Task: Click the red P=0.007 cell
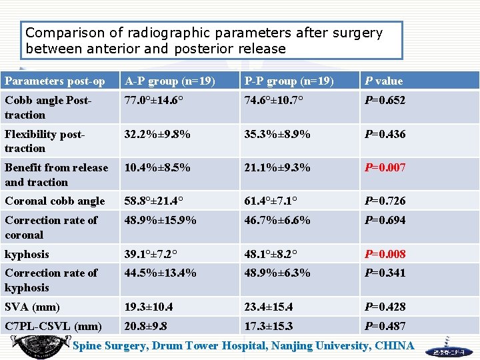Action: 385,167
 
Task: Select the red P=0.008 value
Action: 385,254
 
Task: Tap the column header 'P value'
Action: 383,81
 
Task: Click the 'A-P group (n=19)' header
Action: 169,81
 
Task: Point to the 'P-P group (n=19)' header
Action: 289,81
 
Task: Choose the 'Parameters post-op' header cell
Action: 55,81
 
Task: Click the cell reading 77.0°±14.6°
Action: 155,101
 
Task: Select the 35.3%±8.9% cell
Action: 277,134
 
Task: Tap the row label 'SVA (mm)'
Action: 32,307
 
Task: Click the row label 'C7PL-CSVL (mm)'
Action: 53,326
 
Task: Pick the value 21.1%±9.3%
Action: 277,167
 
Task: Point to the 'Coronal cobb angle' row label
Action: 55,201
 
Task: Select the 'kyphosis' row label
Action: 27,254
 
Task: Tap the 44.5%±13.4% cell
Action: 160,273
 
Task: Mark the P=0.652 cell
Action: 385,101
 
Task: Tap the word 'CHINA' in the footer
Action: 394,345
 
